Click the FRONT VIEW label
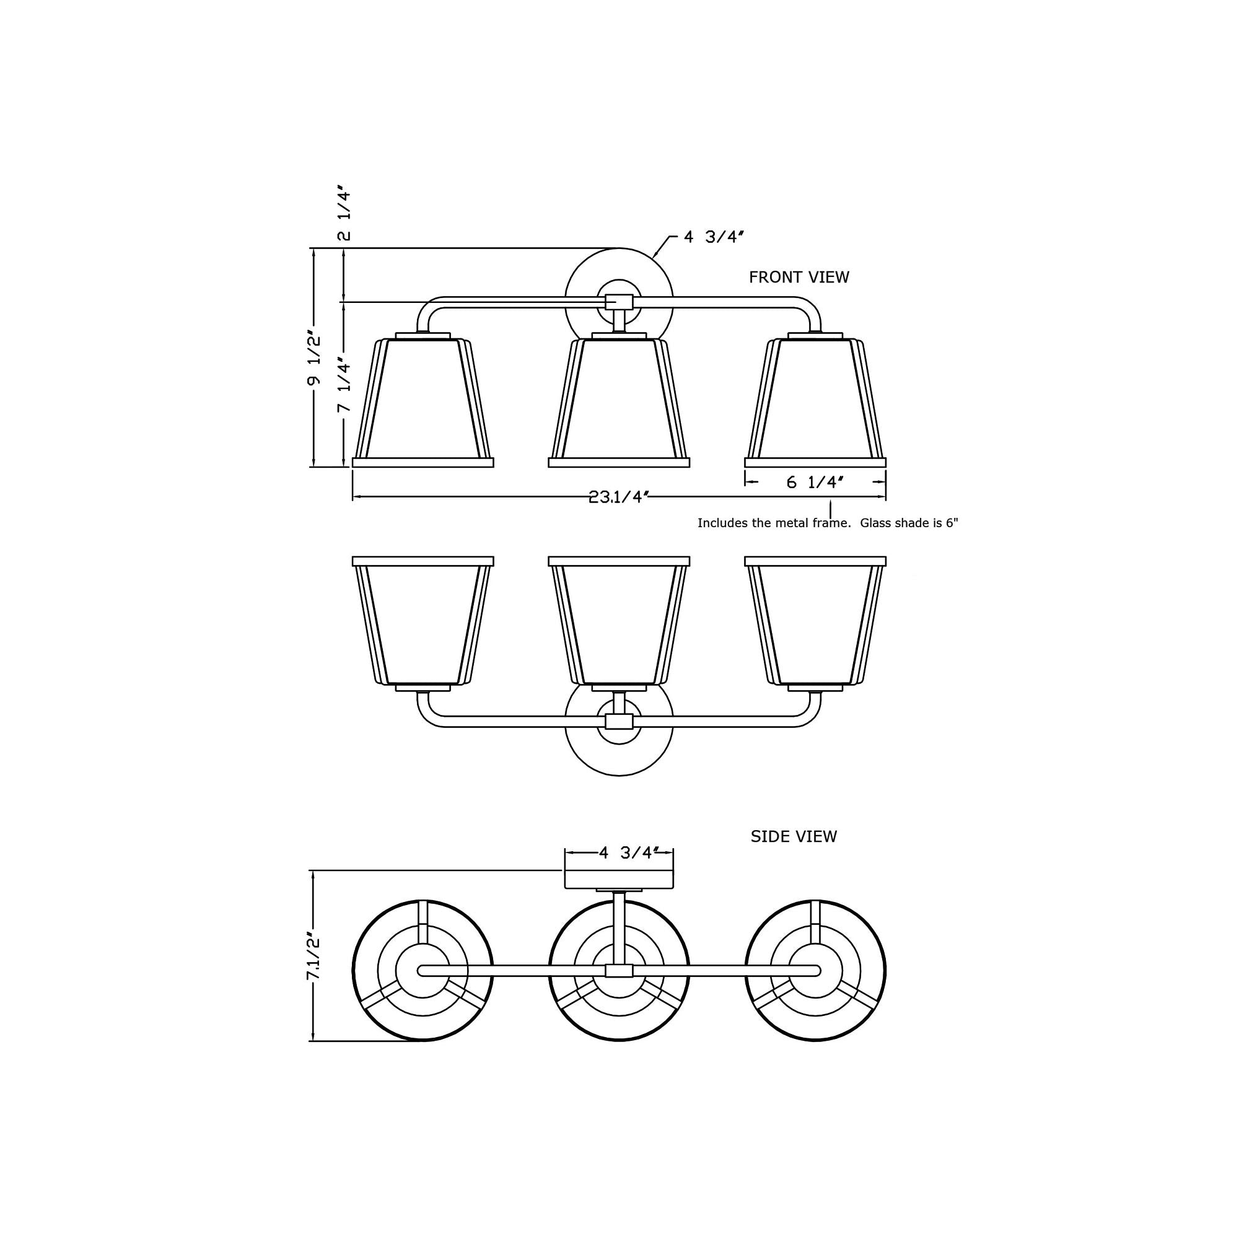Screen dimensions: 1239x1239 point(799,277)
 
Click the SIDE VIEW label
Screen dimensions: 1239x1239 point(794,836)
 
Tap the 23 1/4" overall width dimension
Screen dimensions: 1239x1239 point(619,497)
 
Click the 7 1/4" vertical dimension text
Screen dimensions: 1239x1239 point(344,385)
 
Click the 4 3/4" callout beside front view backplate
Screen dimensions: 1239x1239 point(713,237)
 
